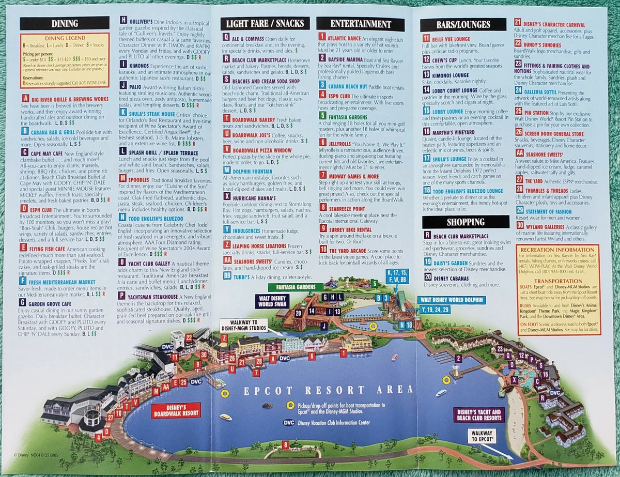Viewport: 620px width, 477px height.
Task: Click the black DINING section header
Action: point(65,23)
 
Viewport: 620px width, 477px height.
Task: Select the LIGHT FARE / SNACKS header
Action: point(265,23)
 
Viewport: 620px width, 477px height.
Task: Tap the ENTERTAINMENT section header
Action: point(361,24)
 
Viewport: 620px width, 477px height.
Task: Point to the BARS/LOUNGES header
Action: point(463,25)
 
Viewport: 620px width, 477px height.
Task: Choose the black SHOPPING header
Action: point(462,222)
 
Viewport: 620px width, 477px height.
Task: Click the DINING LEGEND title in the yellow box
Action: point(64,38)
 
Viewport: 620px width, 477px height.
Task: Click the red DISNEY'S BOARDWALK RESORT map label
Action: point(176,410)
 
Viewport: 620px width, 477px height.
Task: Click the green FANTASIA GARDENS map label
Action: point(296,287)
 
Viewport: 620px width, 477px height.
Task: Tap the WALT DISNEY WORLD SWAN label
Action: point(272,301)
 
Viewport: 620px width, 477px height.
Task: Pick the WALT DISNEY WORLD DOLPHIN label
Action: point(452,300)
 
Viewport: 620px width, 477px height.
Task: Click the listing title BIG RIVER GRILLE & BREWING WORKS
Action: point(69,98)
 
